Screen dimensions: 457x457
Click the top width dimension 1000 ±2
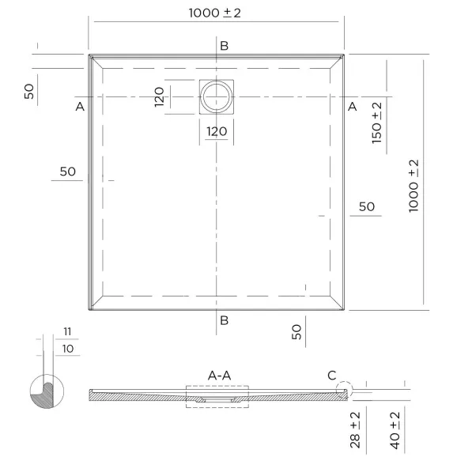(215, 13)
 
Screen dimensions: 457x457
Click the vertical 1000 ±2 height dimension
(414, 186)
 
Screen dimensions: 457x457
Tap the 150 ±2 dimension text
(376, 123)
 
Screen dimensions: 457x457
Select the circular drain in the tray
(217, 96)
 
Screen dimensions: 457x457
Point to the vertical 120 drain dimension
(159, 96)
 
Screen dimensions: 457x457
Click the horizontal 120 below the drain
(217, 131)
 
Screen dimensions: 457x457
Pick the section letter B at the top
(224, 46)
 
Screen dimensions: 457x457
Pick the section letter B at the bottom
(224, 320)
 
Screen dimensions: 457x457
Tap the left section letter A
(80, 107)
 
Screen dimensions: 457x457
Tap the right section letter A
(353, 107)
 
